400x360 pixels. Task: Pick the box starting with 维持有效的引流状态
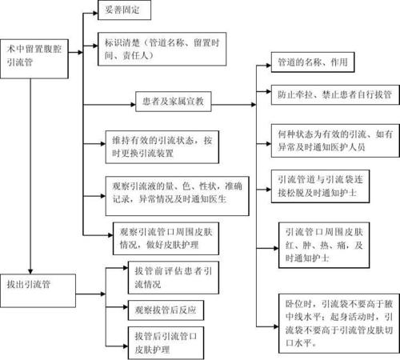[161, 146]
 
